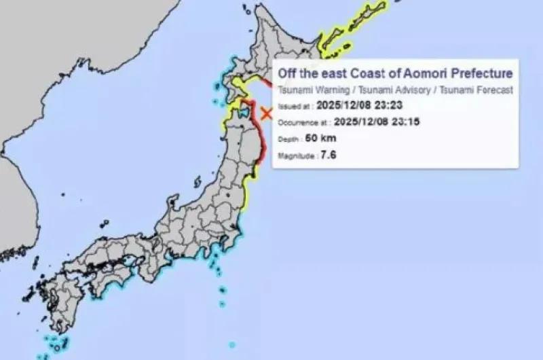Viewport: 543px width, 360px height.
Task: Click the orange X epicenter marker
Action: click(267, 113)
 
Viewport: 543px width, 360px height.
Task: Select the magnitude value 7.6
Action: click(329, 156)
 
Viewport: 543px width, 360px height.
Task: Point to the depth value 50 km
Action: click(321, 139)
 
